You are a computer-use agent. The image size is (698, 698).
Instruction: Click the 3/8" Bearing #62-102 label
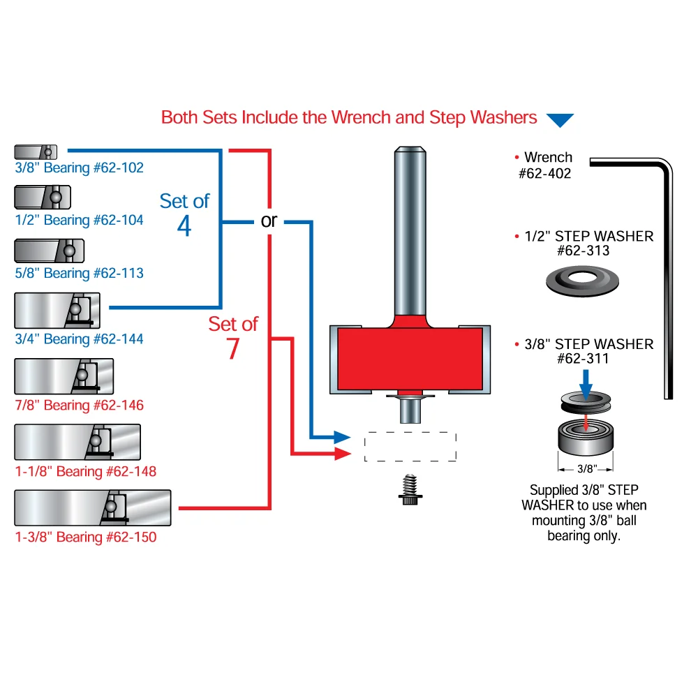78,168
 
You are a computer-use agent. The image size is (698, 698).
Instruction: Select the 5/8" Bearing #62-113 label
79,273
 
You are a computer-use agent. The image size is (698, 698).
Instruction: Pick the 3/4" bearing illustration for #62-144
57,310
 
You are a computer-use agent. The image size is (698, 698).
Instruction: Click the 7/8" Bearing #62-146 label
79,405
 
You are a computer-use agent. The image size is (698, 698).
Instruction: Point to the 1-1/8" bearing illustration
77,442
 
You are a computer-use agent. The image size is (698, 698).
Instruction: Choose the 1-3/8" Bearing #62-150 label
85,537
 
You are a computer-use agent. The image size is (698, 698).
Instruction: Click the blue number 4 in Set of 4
184,226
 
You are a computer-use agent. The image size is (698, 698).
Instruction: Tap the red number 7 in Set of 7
233,349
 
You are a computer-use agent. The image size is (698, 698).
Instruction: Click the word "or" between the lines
269,221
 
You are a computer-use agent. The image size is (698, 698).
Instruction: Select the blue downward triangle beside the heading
559,120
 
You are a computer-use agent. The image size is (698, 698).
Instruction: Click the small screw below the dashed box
410,491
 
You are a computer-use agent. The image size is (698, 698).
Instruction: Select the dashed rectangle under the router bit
410,447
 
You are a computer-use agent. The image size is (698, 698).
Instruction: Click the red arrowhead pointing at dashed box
342,454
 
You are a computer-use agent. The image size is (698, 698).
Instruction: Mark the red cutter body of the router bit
410,359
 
